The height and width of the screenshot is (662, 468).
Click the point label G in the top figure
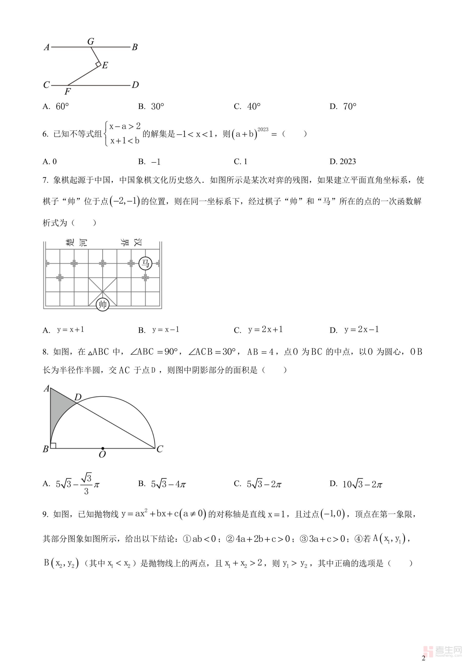pyautogui.click(x=91, y=42)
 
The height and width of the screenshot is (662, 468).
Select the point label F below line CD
pyautogui.click(x=68, y=92)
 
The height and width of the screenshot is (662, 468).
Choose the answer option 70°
pyautogui.click(x=350, y=107)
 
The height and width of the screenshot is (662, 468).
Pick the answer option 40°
pyautogui.click(x=253, y=107)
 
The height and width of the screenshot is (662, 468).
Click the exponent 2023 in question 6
pyautogui.click(x=263, y=130)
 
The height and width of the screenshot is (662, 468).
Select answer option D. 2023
pyautogui.click(x=343, y=161)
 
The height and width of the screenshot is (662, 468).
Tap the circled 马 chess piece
pyautogui.click(x=145, y=263)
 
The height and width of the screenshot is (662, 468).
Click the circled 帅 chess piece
pyautogui.click(x=103, y=305)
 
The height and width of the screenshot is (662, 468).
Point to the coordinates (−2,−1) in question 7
pyautogui.click(x=125, y=201)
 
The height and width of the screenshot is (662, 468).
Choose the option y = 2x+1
pyautogui.click(x=265, y=330)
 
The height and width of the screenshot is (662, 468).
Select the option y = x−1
pyautogui.click(x=166, y=330)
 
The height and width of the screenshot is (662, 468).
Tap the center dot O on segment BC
pyautogui.click(x=103, y=448)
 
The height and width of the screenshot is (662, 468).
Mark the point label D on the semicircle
pyautogui.click(x=78, y=398)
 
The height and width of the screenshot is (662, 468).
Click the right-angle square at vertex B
pyautogui.click(x=53, y=445)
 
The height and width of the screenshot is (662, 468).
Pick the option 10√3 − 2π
pyautogui.click(x=362, y=484)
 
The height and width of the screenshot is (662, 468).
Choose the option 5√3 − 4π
pyautogui.click(x=169, y=484)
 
